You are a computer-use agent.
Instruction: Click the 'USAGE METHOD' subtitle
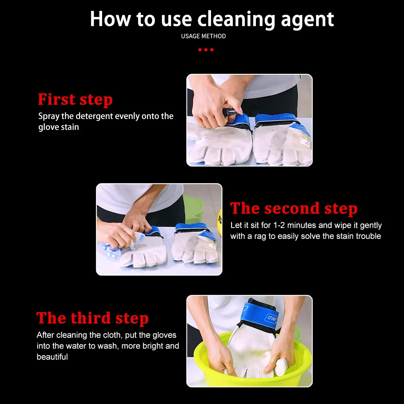203,36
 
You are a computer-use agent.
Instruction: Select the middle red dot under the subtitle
205,50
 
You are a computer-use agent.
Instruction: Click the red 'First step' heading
75,99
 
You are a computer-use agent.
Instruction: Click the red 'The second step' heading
293,208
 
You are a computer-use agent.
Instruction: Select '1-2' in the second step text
279,225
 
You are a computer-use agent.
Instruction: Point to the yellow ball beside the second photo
220,222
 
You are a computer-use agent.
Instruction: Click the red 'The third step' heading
92,318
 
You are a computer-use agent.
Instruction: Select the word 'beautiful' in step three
52,357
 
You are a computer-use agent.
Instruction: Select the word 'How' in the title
110,19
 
